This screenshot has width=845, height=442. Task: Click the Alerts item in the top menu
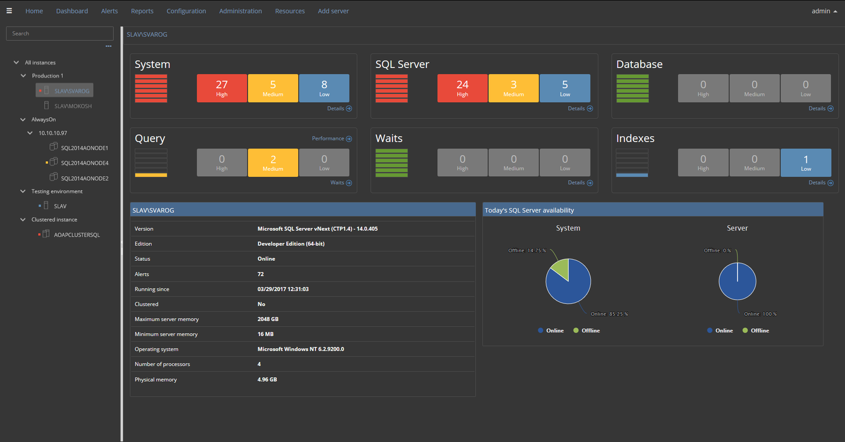(109, 11)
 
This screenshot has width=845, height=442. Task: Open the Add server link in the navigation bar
(333, 11)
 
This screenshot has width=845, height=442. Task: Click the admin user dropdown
(823, 11)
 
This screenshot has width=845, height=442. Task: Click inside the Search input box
(60, 34)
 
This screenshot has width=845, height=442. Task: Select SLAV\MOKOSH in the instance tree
(73, 106)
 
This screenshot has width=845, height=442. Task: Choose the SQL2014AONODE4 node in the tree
(84, 163)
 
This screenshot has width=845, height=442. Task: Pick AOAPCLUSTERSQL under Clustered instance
(77, 235)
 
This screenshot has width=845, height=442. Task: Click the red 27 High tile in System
(221, 88)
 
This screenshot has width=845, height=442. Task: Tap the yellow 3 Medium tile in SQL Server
(513, 88)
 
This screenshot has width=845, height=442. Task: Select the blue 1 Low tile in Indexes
(805, 162)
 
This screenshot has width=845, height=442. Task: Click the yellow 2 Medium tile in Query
(273, 162)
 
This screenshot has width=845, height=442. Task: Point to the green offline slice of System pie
(560, 269)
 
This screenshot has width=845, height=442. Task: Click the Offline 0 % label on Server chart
(717, 251)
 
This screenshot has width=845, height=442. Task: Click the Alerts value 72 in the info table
(261, 274)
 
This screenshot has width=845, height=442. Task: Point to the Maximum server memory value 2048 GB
(268, 319)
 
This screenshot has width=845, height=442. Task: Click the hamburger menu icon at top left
(9, 10)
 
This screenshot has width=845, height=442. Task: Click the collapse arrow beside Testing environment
(23, 191)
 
